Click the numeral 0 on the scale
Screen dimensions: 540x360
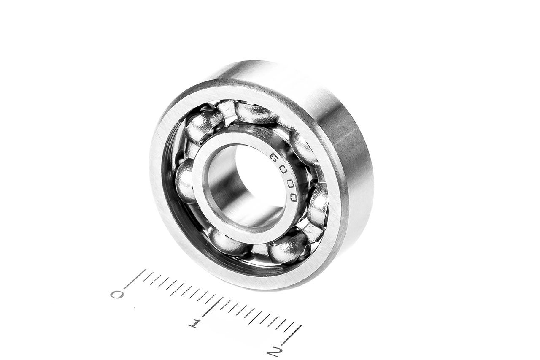point(117,294)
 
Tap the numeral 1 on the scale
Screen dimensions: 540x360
point(194,323)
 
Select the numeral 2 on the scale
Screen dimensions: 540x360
point(275,352)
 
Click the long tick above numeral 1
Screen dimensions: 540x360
point(212,307)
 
